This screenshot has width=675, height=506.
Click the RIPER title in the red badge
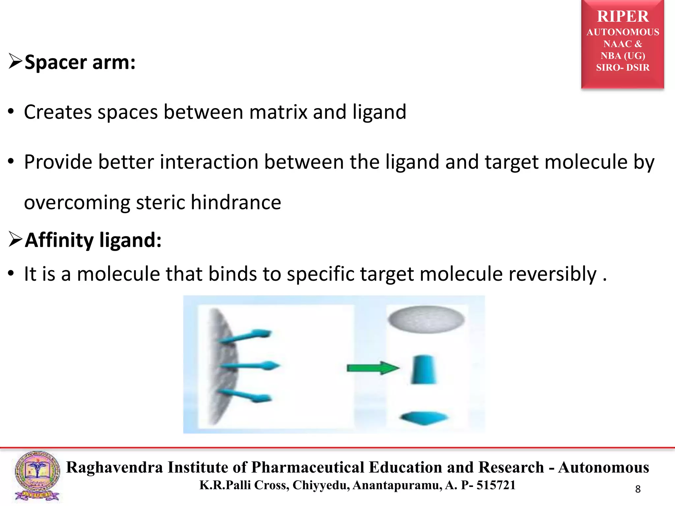coord(623,16)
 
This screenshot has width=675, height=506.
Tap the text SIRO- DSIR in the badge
coord(623,68)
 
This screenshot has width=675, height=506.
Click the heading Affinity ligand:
coord(93,240)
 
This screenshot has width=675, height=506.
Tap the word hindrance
coord(236,202)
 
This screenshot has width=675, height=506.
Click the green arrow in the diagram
coord(372,368)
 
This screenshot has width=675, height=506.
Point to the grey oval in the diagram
coord(426,319)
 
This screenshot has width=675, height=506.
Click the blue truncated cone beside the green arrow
coord(424,370)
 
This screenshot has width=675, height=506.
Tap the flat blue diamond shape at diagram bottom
coord(424,418)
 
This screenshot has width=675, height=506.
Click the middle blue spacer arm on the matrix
coord(250,366)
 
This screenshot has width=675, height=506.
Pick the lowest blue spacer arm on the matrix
coord(246,395)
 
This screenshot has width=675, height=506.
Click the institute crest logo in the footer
coord(37,476)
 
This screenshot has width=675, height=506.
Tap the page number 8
coord(638,489)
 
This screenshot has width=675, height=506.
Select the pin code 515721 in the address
coord(496,485)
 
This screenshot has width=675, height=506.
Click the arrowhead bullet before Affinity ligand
coord(15,239)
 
